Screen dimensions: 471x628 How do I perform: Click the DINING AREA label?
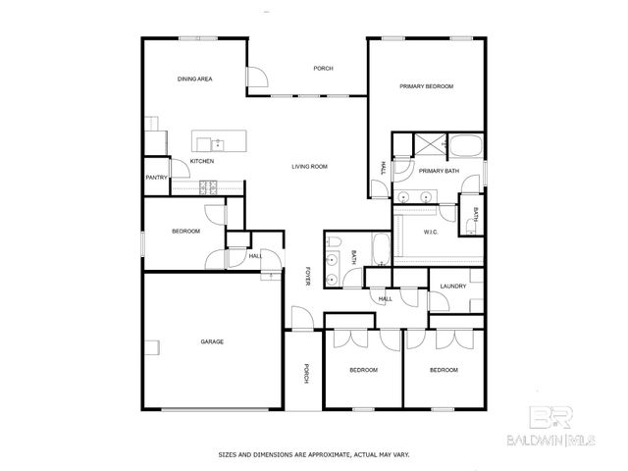coord(195,78)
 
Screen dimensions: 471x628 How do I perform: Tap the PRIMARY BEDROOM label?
coord(427,87)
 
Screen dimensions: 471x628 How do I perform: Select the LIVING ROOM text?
coord(309,167)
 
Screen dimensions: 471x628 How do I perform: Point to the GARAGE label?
coord(212,341)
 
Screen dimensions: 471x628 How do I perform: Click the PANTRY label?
coord(155,178)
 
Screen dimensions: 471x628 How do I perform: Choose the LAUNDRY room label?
coord(452,287)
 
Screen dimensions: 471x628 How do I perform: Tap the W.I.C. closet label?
coord(431,232)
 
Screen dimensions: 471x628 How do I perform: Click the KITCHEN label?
coord(202,161)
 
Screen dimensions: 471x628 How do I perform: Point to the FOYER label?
coord(307,277)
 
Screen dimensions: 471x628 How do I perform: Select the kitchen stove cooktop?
coord(208,185)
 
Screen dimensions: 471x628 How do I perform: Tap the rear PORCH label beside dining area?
coord(323,69)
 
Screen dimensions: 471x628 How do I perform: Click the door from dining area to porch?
coord(255,81)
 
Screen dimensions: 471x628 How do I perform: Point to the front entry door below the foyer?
coord(300,320)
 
